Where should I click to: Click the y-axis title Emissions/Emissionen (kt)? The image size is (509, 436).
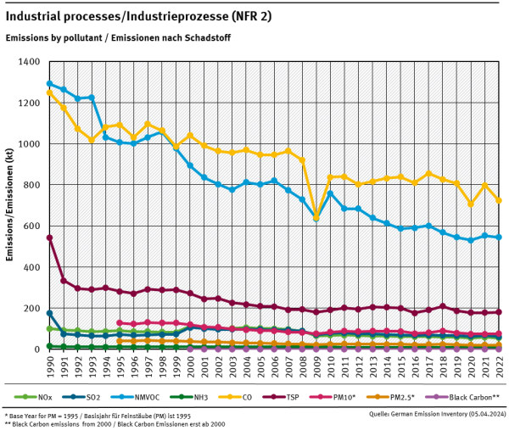pyautogui.click(x=9, y=205)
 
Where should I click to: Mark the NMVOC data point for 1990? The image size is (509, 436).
pyautogui.click(x=49, y=83)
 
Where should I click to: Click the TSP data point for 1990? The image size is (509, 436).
pyautogui.click(x=49, y=238)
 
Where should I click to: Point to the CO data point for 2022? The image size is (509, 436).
pyautogui.click(x=497, y=200)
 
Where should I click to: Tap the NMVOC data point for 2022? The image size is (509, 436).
pyautogui.click(x=497, y=237)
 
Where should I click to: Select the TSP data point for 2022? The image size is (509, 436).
pyautogui.click(x=497, y=312)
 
